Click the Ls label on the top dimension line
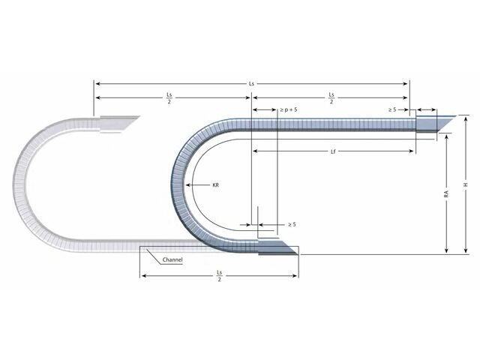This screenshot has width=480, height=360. tap(251, 83)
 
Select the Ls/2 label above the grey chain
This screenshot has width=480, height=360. tap(169, 98)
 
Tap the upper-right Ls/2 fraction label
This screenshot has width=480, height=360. tap(331, 98)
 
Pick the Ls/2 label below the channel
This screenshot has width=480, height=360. tap(219, 276)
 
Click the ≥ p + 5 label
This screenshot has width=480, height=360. tap(289, 110)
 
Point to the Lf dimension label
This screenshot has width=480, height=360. tap(333, 151)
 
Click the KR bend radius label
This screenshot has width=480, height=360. tap(215, 185)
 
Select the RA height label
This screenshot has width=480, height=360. tap(446, 193)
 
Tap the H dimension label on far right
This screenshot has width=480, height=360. tap(466, 184)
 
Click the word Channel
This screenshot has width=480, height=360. tap(172, 260)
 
